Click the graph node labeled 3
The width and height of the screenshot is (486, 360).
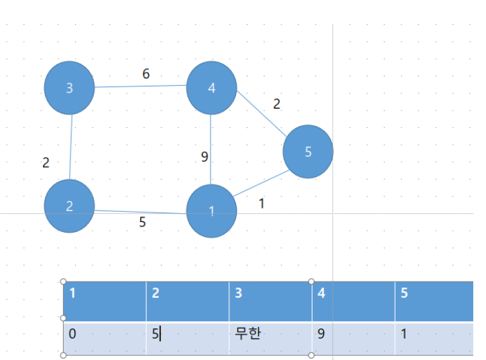(x=70, y=88)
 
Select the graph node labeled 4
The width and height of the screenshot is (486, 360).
(x=211, y=88)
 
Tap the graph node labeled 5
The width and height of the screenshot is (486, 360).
(x=308, y=152)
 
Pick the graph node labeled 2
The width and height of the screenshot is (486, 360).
(x=70, y=206)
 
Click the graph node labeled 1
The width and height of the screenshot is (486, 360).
(x=211, y=211)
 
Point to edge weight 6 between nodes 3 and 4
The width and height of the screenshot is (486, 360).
(x=146, y=74)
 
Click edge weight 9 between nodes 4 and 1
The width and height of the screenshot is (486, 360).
(x=204, y=157)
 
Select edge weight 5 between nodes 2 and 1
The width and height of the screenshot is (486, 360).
(x=142, y=222)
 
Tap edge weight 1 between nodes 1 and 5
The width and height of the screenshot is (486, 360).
(x=261, y=204)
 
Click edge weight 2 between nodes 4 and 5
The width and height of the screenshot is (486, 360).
(x=276, y=104)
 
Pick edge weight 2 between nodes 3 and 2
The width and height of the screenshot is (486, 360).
(x=46, y=163)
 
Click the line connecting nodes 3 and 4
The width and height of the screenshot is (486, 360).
(x=140, y=86)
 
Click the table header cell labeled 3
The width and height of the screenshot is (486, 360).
(x=270, y=302)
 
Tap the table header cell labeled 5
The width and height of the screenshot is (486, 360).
(x=434, y=302)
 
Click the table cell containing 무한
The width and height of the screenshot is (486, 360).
(x=270, y=339)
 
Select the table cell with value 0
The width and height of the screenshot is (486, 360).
(x=105, y=339)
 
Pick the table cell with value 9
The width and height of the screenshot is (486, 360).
(x=353, y=339)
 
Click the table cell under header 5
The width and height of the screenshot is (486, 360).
(x=434, y=339)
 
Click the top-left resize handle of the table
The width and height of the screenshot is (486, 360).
(x=63, y=282)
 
